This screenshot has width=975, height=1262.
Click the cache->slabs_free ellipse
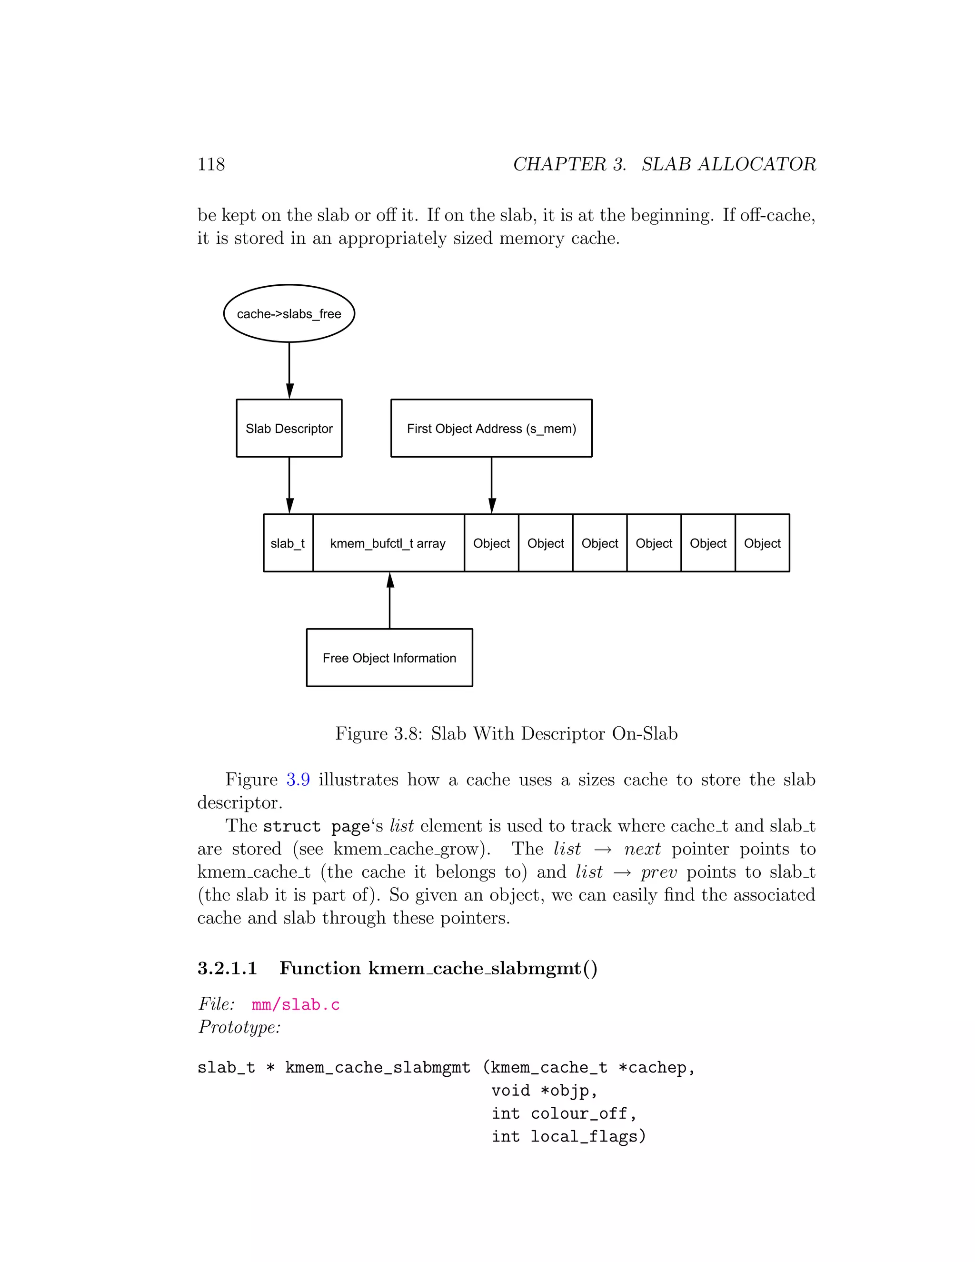tap(289, 314)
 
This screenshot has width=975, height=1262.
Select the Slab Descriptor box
tap(289, 428)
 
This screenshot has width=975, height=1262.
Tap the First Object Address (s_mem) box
tap(491, 428)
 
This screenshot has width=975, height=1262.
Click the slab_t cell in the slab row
tap(288, 543)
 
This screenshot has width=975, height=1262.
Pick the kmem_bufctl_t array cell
tap(388, 543)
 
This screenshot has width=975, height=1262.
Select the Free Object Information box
tap(389, 658)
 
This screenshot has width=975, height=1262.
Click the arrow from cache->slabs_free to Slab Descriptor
tap(289, 370)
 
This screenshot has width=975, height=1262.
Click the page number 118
tap(211, 164)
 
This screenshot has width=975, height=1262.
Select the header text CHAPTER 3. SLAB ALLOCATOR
tap(664, 164)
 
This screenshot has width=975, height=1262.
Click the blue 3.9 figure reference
tap(298, 780)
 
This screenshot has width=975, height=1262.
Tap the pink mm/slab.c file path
tap(296, 1004)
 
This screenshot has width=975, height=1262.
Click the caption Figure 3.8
tap(506, 733)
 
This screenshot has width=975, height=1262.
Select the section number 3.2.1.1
tap(227, 968)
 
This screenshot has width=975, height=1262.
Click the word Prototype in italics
tap(239, 1027)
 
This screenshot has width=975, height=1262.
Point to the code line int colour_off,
tap(564, 1113)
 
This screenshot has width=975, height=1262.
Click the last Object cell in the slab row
tap(762, 543)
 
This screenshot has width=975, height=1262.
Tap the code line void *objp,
tap(544, 1091)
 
